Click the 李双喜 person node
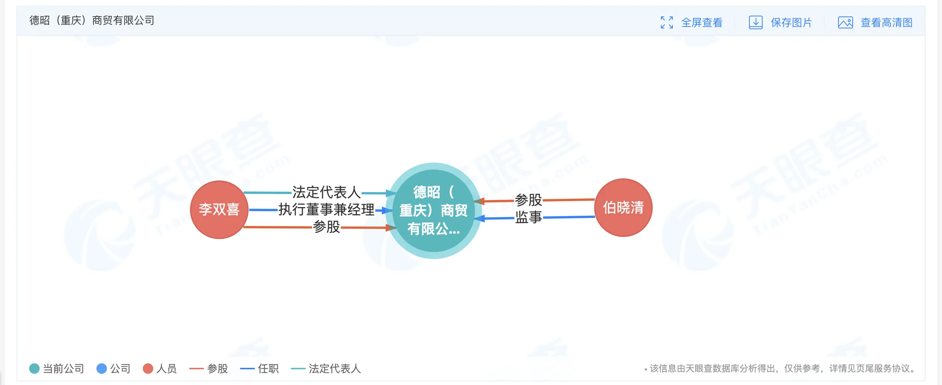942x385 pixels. tap(219, 209)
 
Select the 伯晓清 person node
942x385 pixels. tap(623, 207)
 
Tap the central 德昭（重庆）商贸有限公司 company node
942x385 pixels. tap(434, 210)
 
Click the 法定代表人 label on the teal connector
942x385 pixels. tap(326, 192)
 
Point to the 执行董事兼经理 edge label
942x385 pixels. tap(326, 210)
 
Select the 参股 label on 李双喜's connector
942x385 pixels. tap(326, 227)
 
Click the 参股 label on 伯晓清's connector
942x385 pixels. tap(529, 200)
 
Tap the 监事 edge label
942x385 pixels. tap(529, 217)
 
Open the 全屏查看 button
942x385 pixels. tap(702, 22)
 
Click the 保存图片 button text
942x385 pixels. tap(791, 22)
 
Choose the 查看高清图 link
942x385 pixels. tap(887, 22)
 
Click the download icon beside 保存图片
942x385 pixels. tap(755, 22)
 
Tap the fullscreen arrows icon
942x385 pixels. tap(667, 22)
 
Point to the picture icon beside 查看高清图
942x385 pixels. tap(846, 22)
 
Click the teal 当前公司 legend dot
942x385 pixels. tap(34, 369)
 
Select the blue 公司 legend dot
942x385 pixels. tap(102, 369)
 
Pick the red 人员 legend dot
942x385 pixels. tap(148, 369)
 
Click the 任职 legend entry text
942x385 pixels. tap(268, 369)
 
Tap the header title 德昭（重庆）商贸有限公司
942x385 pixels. tap(92, 20)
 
